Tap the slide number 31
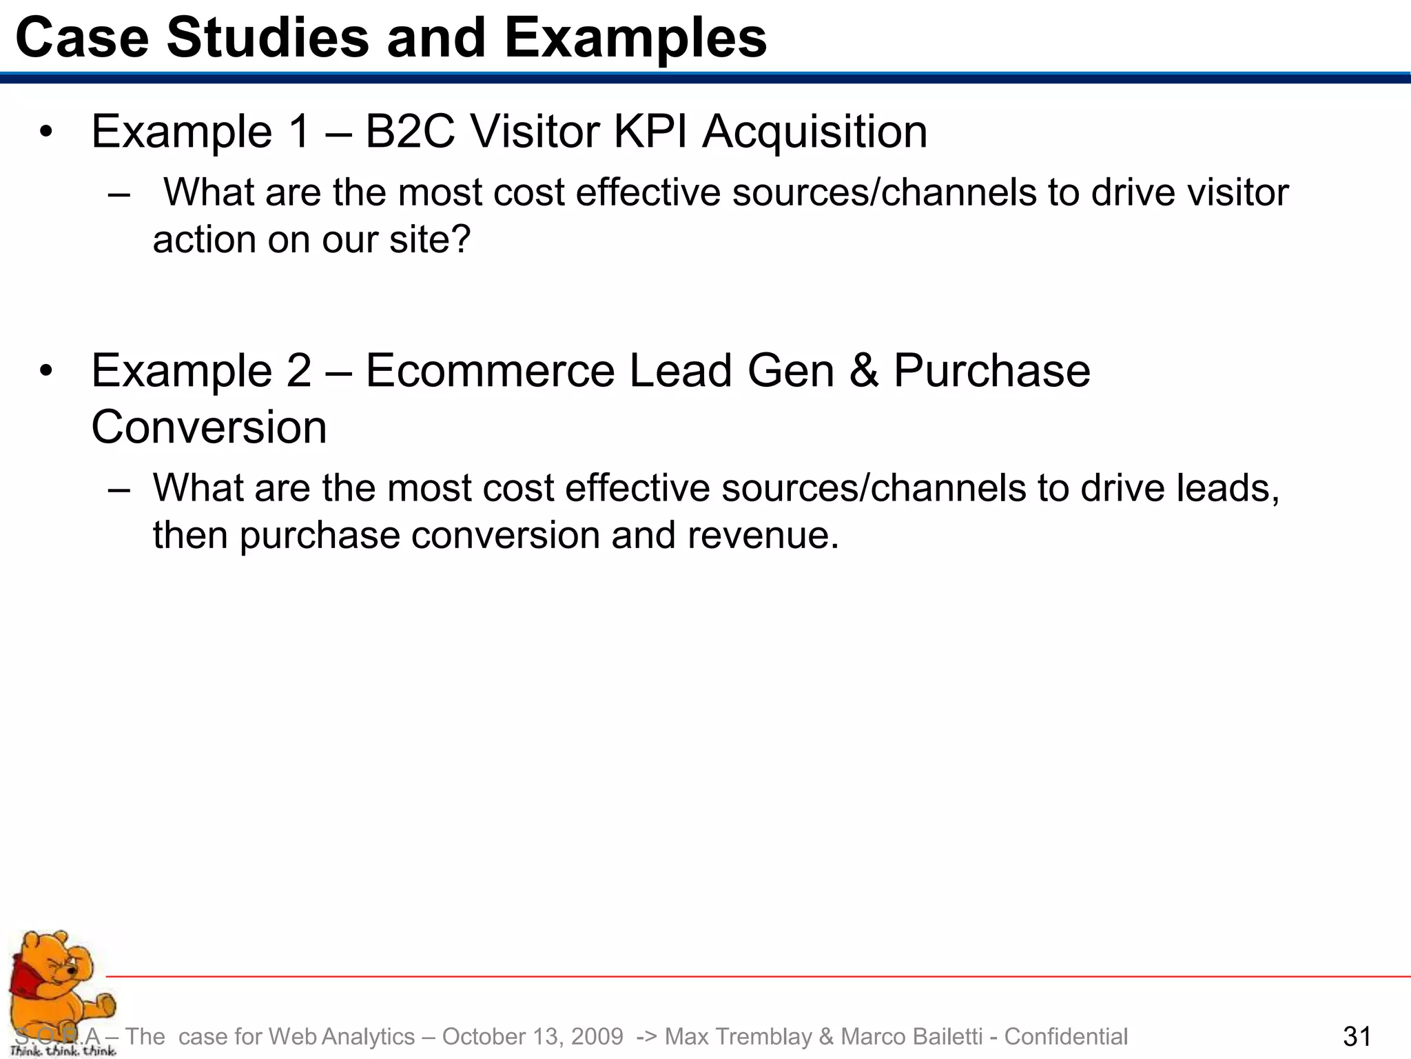[x=1357, y=1037]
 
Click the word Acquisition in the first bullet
[x=814, y=132]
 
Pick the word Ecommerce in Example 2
[x=489, y=372]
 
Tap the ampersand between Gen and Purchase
[x=863, y=372]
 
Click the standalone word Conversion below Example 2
[x=209, y=428]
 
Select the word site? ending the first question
[x=430, y=240]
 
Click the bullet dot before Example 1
[x=45, y=132]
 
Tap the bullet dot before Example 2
[x=45, y=372]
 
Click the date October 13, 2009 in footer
[x=533, y=1037]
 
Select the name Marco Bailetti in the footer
[x=912, y=1037]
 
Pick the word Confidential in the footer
[x=1066, y=1037]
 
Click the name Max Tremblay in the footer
[x=739, y=1037]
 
